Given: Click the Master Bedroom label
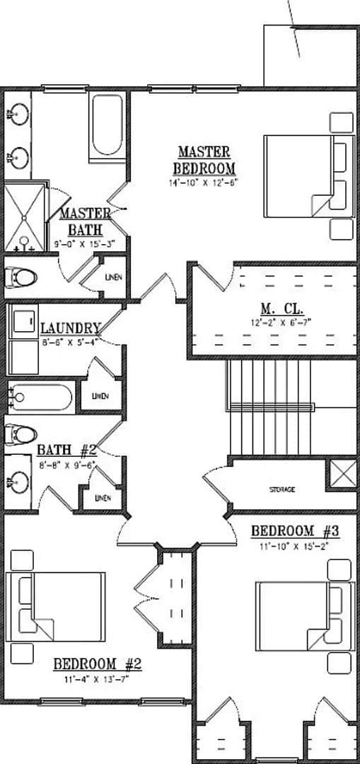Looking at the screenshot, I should (x=204, y=160).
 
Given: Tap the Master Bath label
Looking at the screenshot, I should (x=85, y=221).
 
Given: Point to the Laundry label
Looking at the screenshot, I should (x=70, y=328).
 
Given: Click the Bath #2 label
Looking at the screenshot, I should (x=66, y=450).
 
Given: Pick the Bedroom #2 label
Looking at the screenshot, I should (x=98, y=664).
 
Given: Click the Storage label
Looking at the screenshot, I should (x=281, y=490).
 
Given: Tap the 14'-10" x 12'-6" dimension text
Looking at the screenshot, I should (x=204, y=183).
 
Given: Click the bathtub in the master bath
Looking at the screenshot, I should (x=107, y=125).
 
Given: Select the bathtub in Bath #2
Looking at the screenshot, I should (x=41, y=398).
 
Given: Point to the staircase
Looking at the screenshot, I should (x=269, y=407).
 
